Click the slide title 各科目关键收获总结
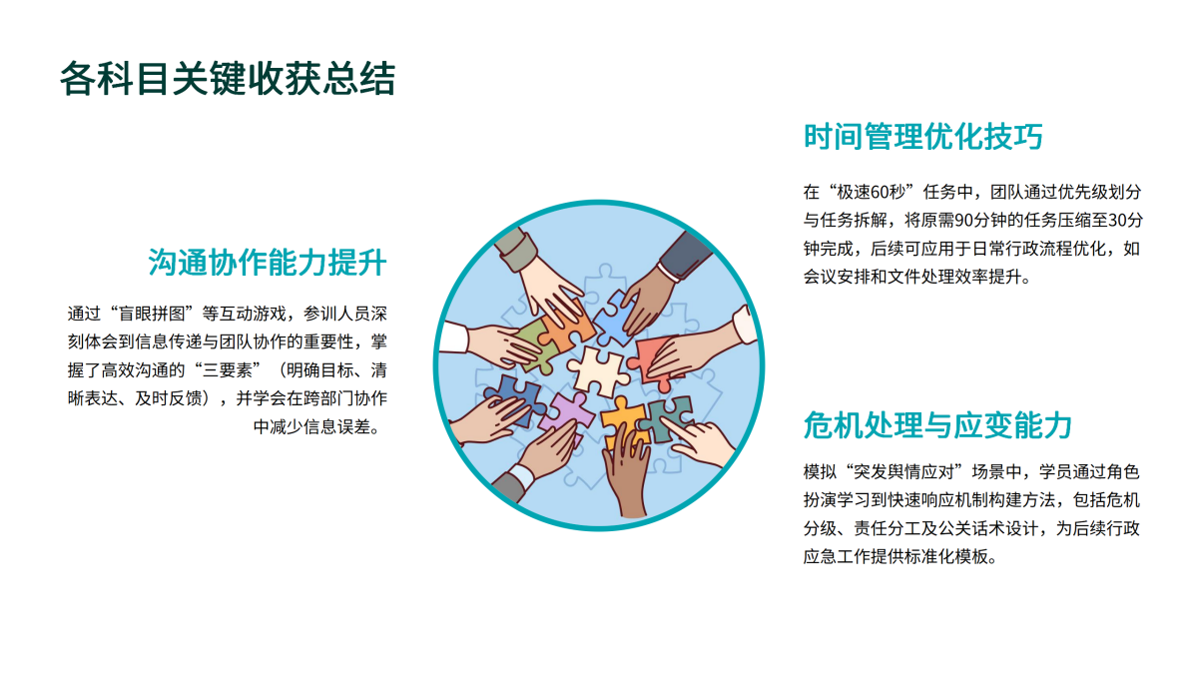[228, 79]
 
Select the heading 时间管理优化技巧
[923, 137]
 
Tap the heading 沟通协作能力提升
[268, 262]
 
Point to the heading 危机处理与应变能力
[937, 425]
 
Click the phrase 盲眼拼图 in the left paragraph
[152, 314]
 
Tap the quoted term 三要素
[227, 370]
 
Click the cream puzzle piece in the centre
[598, 371]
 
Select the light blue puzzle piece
[615, 319]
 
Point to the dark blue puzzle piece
[514, 397]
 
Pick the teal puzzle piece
[668, 418]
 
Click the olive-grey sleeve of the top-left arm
[515, 250]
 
